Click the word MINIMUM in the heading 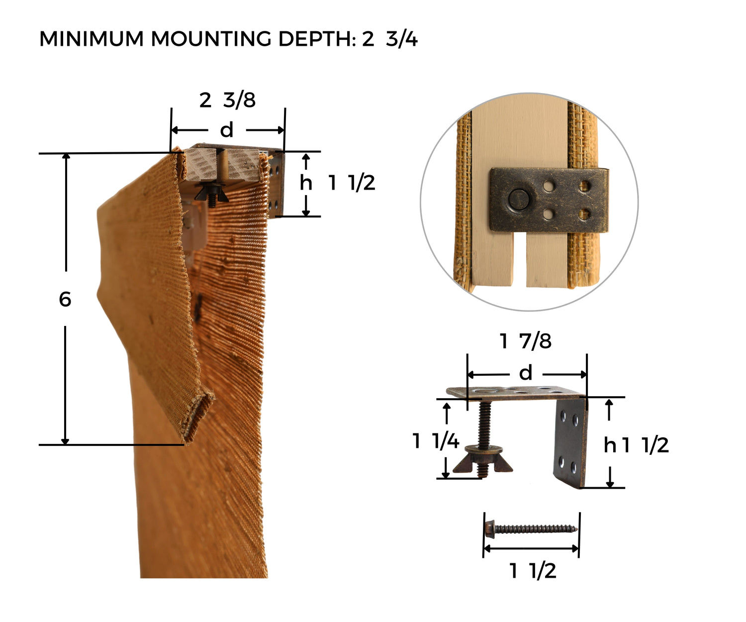point(92,39)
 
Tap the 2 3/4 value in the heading point(389,39)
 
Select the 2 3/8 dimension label point(227,100)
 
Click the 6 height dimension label point(65,299)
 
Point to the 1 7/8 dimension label point(525,341)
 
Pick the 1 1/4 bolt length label point(436,440)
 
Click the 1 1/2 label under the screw point(533,570)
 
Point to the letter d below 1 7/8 point(526,373)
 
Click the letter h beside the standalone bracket point(610,445)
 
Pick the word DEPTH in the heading point(317,39)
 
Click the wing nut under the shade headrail point(211,192)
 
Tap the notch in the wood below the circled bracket point(520,259)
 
